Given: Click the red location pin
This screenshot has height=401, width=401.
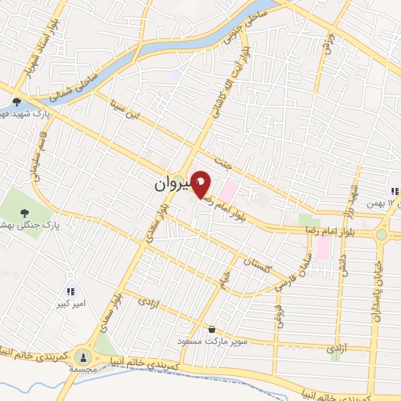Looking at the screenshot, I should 201,184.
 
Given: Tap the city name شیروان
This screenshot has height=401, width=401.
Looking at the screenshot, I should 168,186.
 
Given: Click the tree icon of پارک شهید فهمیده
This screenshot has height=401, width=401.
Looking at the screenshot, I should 16,102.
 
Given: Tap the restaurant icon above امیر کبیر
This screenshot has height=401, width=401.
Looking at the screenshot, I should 70,291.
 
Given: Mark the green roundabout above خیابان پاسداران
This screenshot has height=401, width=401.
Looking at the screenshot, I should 381,233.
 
